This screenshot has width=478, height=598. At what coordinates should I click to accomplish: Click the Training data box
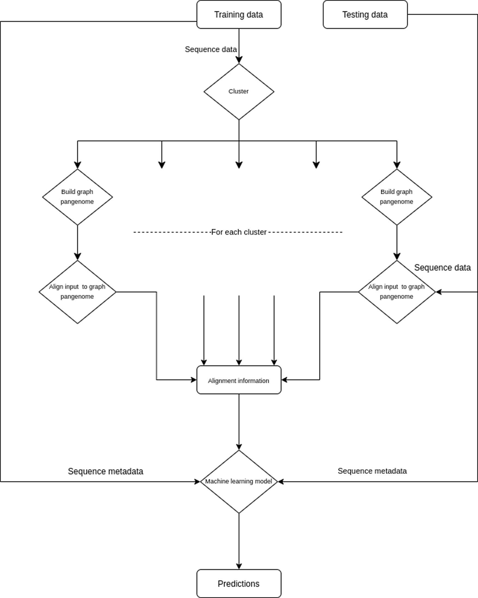[238, 14]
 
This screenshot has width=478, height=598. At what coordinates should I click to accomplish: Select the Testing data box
[365, 14]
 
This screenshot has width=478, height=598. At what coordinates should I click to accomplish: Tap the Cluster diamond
[238, 92]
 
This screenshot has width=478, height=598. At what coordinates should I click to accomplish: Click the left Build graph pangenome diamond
[77, 197]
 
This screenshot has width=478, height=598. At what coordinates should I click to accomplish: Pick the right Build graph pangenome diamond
[397, 197]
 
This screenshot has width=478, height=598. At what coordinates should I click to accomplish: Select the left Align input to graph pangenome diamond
[77, 292]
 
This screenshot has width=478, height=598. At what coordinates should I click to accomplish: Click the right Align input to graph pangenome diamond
[397, 292]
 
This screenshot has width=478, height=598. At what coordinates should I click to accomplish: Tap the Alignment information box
[238, 380]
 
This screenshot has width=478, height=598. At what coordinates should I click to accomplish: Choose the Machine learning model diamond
[238, 482]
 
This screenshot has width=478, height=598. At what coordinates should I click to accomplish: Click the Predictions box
[238, 584]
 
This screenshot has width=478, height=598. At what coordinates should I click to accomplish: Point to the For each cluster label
[238, 232]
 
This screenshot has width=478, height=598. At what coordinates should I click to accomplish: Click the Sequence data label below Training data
[211, 49]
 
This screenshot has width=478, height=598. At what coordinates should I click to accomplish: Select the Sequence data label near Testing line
[442, 268]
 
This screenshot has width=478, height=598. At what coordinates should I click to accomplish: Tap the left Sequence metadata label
[105, 471]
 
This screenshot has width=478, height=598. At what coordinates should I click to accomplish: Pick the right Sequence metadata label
[372, 471]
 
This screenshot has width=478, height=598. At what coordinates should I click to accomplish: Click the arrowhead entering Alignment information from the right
[284, 380]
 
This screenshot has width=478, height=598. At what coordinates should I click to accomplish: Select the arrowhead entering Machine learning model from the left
[197, 482]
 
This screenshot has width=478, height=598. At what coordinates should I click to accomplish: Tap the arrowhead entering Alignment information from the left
[194, 380]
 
